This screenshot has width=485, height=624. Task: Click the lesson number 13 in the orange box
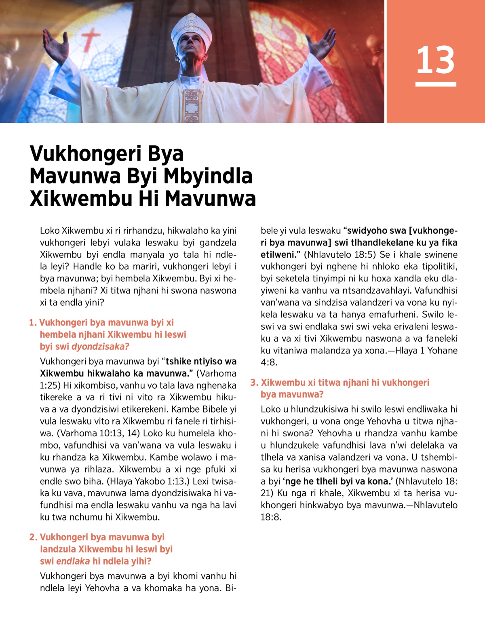(435, 60)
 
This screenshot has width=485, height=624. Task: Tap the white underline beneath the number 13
(436, 84)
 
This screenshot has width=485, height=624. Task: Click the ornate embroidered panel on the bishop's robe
(192, 105)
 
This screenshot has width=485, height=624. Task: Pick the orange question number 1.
(33, 323)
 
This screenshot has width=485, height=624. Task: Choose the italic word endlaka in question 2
(73, 561)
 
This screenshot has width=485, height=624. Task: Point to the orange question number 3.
(254, 383)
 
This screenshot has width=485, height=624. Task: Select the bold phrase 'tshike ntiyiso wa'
(201, 361)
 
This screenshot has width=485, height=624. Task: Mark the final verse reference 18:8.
(271, 517)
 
